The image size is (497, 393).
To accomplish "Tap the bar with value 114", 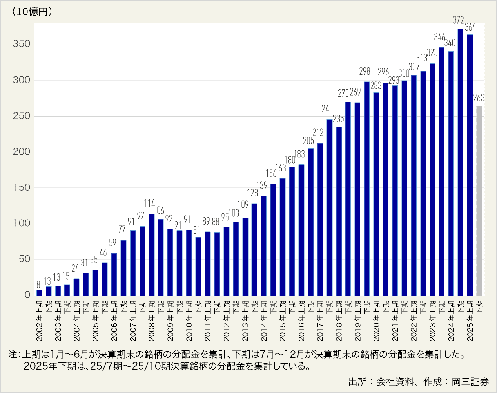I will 152,254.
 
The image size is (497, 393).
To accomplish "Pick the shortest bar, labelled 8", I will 39,292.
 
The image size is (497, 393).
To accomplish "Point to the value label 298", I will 365,71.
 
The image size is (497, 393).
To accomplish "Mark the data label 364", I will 470,27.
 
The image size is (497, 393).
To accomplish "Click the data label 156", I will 271,173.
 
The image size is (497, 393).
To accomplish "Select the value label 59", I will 112,243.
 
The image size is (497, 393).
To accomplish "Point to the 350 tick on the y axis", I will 22,44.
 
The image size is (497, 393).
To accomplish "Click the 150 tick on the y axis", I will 22,187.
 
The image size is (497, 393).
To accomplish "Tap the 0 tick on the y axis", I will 27,295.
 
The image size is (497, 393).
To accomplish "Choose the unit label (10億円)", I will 32,12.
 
